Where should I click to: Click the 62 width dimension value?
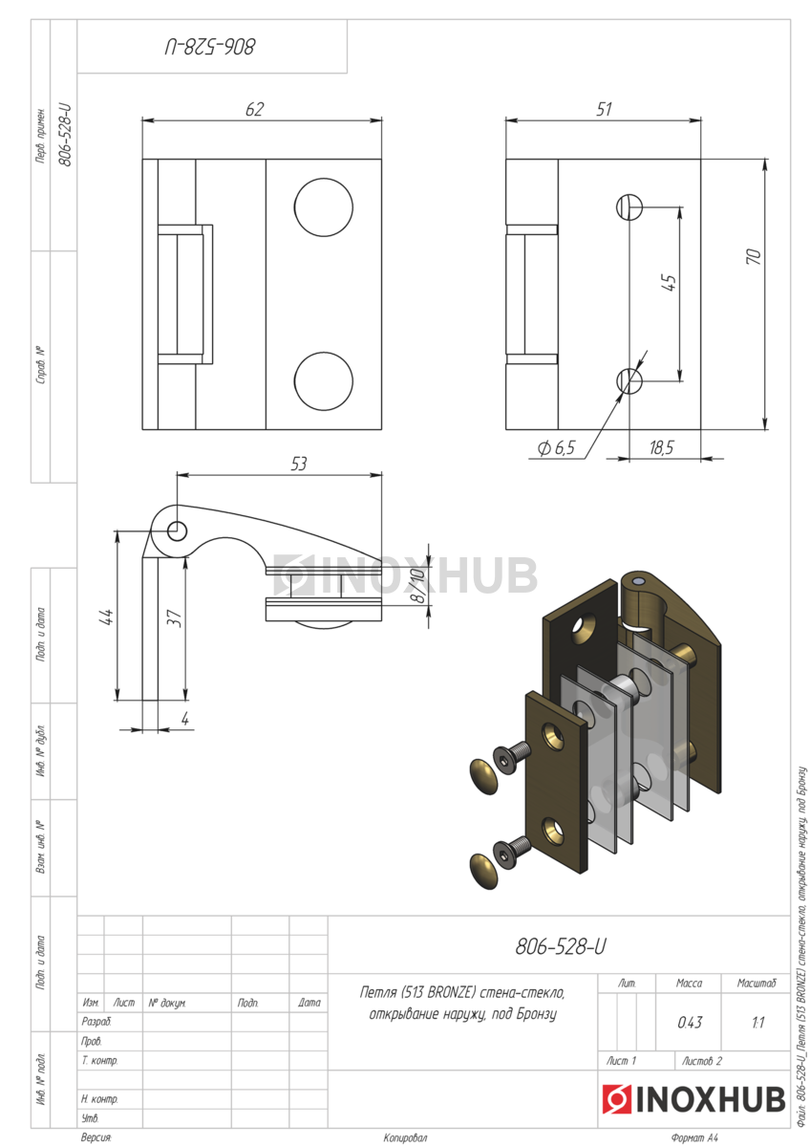[x=255, y=109]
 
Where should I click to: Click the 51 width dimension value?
[x=604, y=109]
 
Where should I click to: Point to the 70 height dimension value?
[x=754, y=256]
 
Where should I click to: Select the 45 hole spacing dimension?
[x=669, y=283]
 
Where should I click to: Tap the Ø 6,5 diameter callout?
[x=557, y=448]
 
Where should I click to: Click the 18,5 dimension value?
[x=661, y=448]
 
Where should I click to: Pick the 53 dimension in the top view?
[x=298, y=464]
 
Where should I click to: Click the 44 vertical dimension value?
[x=106, y=617]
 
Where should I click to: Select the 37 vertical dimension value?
[x=175, y=618]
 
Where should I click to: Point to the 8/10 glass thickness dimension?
[x=418, y=585]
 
